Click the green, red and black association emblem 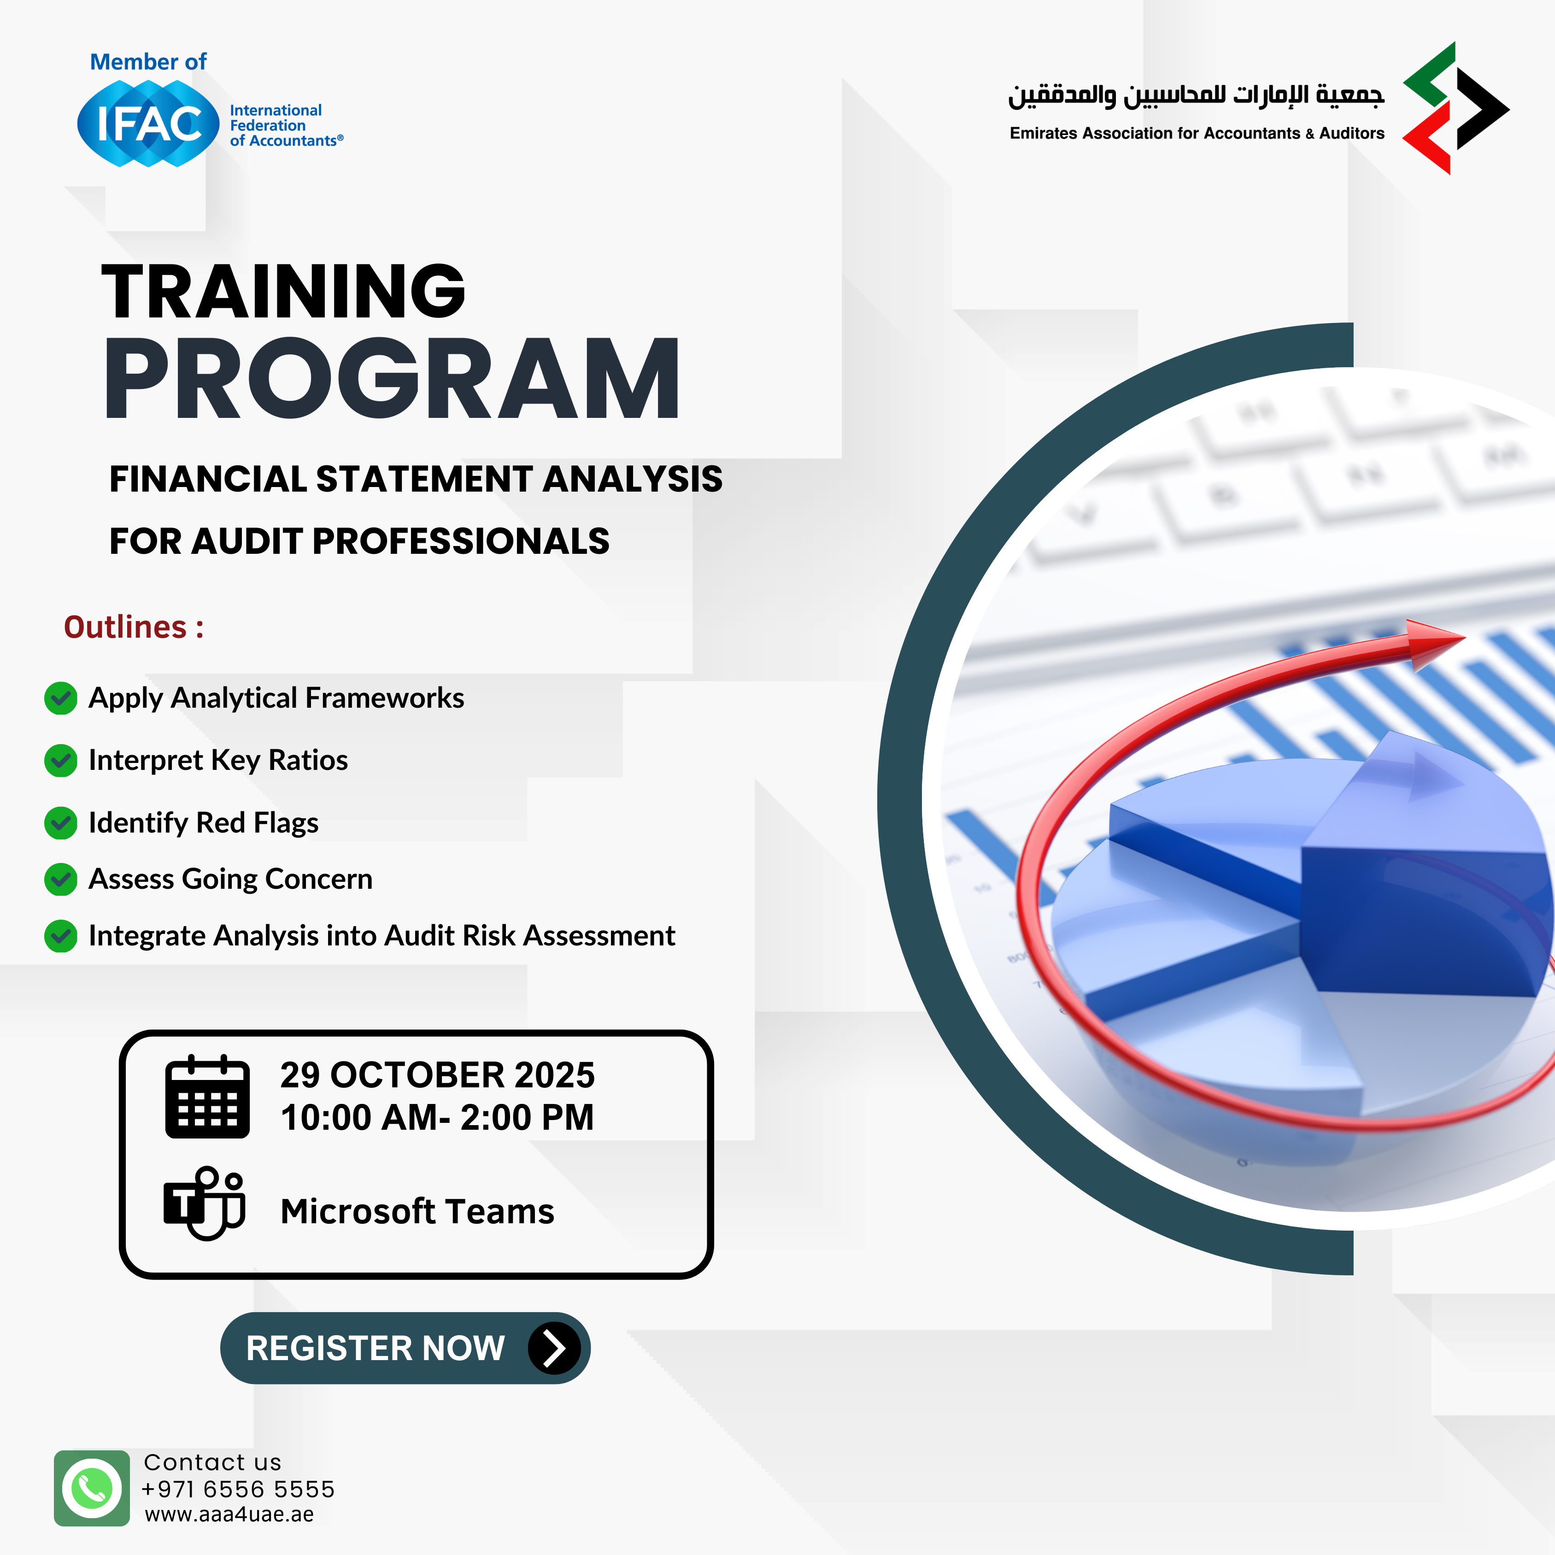click(x=1455, y=108)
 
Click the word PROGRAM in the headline click(x=393, y=378)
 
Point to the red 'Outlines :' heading click(x=134, y=627)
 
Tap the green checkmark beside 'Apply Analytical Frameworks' click(x=60, y=698)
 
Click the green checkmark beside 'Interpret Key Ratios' click(x=60, y=761)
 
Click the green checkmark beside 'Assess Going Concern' click(x=60, y=879)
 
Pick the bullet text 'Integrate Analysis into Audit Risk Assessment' click(x=381, y=935)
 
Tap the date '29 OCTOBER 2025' click(x=437, y=1075)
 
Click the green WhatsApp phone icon click(x=92, y=1488)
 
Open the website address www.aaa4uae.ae click(x=229, y=1515)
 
